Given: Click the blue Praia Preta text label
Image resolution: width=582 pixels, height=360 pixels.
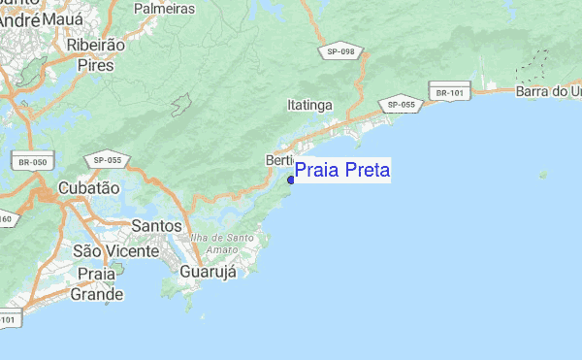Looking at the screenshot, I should coord(342,170).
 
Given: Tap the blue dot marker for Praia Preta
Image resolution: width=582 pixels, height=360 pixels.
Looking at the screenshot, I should coord(291,180).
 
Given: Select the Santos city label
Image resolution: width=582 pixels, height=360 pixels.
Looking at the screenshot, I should coord(155,226).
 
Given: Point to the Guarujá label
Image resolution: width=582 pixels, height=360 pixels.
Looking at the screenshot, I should coord(209,272).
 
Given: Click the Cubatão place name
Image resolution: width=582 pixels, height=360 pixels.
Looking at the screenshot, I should coord(88,188).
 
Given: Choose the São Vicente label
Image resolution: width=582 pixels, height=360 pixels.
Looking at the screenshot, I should coord(115,251).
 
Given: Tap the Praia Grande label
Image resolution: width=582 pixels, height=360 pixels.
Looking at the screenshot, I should coord(100,284).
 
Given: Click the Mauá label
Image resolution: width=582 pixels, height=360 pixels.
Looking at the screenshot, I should coord(62,17).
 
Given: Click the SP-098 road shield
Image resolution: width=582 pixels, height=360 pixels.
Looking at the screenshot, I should coord(340,51).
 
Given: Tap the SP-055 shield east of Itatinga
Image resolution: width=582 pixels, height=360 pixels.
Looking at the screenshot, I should coord(401,104).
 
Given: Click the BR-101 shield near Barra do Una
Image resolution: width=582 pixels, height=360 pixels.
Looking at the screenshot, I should coord(451,93).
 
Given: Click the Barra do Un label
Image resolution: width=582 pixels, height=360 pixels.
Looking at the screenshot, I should coord(549,91).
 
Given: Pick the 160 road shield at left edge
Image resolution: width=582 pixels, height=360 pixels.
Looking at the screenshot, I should coord(6,219).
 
